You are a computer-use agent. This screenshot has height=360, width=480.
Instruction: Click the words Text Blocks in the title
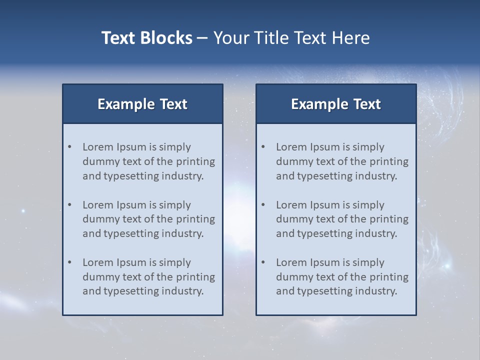146,38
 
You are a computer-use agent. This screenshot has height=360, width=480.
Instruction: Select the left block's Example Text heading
142,104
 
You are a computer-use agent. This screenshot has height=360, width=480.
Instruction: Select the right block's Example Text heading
336,104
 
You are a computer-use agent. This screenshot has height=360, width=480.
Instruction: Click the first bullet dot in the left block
70,147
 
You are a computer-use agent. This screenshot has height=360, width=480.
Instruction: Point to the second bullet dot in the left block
70,205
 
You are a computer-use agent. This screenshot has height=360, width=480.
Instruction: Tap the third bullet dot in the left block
70,262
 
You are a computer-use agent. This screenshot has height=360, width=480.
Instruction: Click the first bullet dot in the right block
263,147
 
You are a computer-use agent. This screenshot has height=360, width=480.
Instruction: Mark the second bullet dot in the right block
263,205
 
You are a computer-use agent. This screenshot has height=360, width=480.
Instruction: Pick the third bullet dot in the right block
263,262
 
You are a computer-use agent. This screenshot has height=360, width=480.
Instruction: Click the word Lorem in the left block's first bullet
98,147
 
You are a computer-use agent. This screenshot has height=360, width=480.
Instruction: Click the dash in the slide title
202,38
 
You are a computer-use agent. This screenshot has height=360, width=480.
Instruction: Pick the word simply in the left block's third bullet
175,262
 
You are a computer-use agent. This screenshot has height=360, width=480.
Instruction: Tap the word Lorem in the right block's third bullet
291,262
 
